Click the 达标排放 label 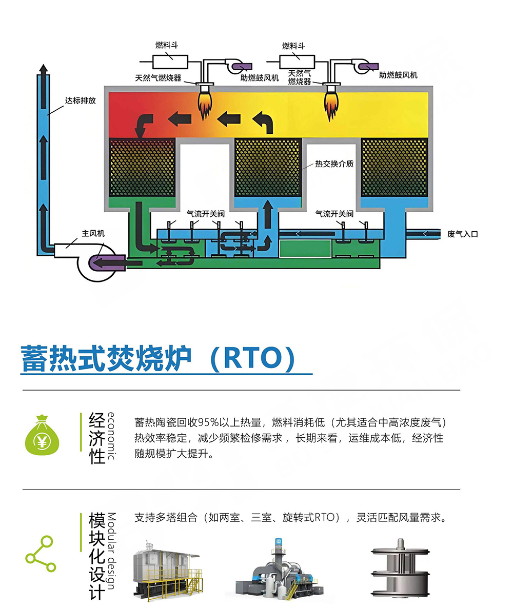(80, 100)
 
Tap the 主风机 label (93, 233)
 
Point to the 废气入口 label (462, 234)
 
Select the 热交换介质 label (334, 164)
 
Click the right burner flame (331, 104)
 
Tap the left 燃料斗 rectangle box (170, 62)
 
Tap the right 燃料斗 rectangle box (297, 62)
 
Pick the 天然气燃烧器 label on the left (158, 78)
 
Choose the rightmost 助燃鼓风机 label (398, 75)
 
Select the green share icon (41, 554)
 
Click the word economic (111, 436)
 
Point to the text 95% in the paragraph (208, 422)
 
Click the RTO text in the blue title (252, 358)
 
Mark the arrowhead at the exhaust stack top (44, 68)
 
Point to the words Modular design (111, 551)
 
